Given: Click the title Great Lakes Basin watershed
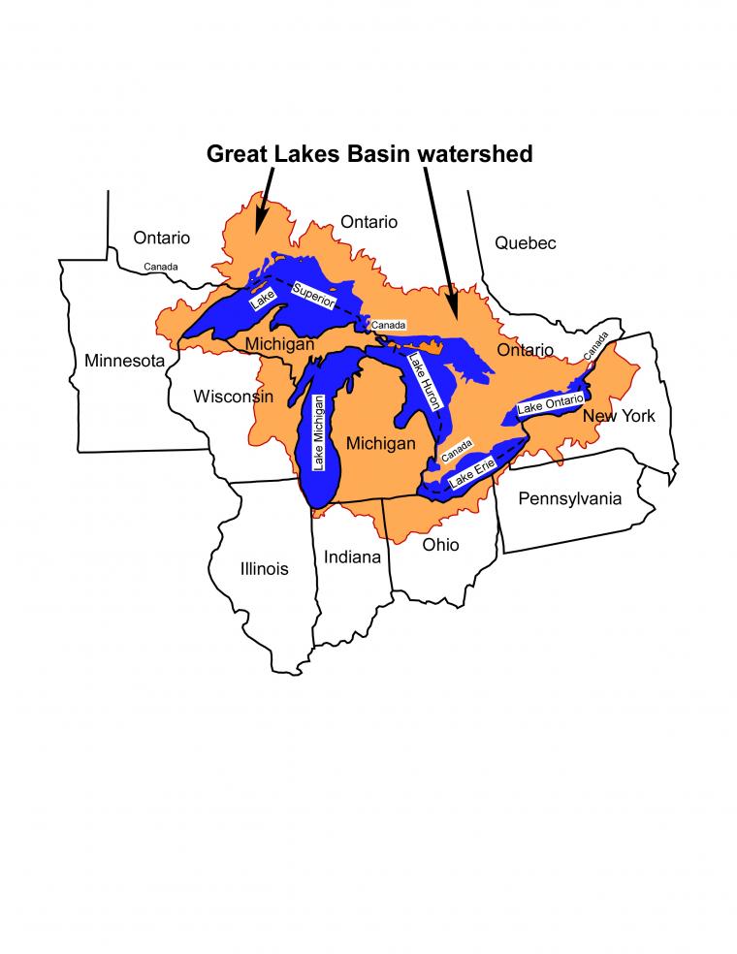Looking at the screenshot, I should point(368,154).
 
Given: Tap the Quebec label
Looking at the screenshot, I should point(526,243).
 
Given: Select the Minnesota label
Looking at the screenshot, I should point(125,362).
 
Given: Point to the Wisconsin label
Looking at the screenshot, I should point(233,397).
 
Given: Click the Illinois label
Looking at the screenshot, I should point(264,569).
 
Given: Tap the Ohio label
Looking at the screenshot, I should point(440,545).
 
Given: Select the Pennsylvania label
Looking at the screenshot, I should point(569,499).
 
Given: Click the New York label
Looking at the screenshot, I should point(618,416).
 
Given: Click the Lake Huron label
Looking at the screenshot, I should point(424,384).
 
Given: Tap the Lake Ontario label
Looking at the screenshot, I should point(551,403).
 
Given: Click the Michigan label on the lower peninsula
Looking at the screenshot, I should point(380,443).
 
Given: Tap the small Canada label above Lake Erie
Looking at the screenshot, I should point(456,451).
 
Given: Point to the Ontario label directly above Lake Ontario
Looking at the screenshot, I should point(525,349).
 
